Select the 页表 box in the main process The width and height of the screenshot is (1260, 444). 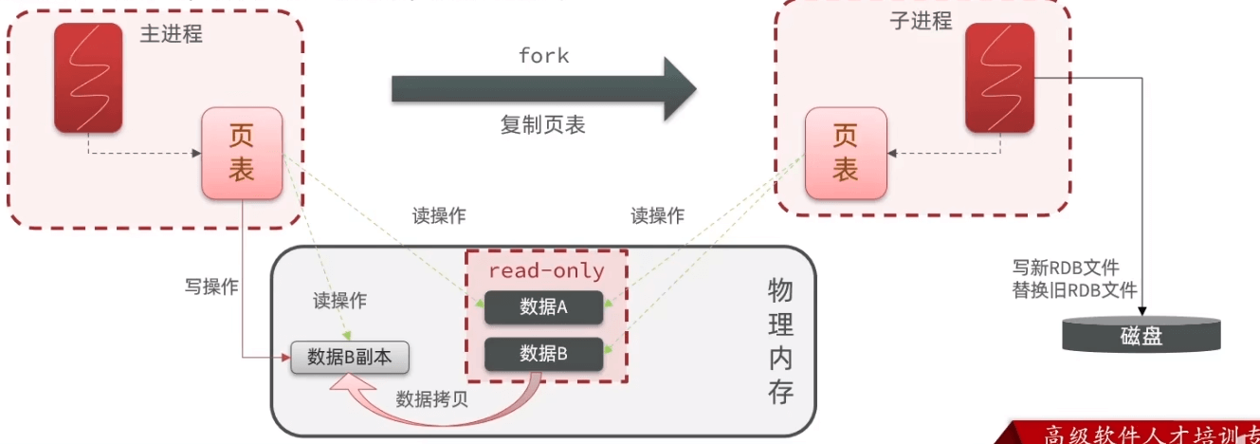pyautogui.click(x=241, y=154)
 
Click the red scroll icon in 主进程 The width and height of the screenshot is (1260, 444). pyautogui.click(x=88, y=77)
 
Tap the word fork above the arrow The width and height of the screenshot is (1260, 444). pyautogui.click(x=543, y=55)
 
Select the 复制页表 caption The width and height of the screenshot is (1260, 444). pyautogui.click(x=543, y=124)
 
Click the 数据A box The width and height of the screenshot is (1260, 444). pyautogui.click(x=544, y=306)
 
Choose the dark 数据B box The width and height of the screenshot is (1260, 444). pyautogui.click(x=544, y=354)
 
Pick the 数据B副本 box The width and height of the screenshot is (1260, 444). pyautogui.click(x=351, y=357)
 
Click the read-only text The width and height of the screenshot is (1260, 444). pyautogui.click(x=546, y=270)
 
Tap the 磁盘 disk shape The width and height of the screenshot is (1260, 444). pyautogui.click(x=1141, y=335)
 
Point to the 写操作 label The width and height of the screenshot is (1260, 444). pyautogui.click(x=211, y=287)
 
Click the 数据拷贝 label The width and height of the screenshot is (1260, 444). pyautogui.click(x=432, y=398)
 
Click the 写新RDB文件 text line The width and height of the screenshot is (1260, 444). pyautogui.click(x=1074, y=268)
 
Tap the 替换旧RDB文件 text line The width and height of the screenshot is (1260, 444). pyautogui.click(x=1074, y=290)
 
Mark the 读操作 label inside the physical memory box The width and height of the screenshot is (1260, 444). pyautogui.click(x=339, y=302)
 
